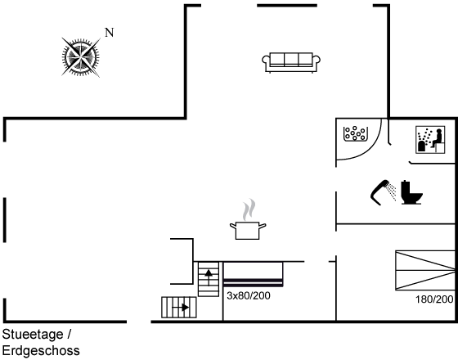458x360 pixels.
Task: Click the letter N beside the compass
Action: coord(110,33)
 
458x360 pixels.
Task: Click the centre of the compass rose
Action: coord(80,57)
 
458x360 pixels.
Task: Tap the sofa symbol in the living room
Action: coord(291,62)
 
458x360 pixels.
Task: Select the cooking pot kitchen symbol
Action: coord(248,230)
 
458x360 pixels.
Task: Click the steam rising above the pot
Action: coord(249,209)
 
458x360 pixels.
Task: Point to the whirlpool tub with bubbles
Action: coord(355,134)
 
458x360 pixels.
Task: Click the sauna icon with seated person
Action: coord(430,140)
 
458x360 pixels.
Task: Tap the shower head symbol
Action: coord(383,192)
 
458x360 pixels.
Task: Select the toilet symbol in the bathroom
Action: coord(411,192)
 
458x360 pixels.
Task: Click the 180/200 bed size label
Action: coord(434,299)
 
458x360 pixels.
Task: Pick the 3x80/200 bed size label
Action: coord(249,295)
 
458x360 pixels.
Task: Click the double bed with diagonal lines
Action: coord(425,270)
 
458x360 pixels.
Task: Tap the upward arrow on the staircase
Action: coord(209,277)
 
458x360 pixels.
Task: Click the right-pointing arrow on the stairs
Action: coord(181,308)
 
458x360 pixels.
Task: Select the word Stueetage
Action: coord(33,335)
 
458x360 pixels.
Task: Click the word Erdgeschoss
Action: coord(41,350)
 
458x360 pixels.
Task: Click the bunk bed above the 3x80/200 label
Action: coord(253,274)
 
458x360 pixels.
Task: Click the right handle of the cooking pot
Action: coord(263,226)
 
